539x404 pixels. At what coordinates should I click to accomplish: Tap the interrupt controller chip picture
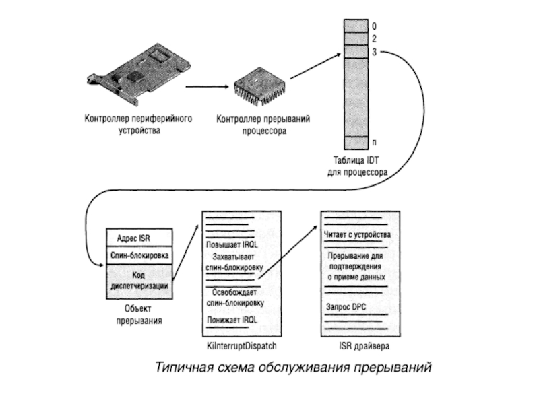(259, 87)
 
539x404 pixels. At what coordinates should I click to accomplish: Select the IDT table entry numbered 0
(356, 26)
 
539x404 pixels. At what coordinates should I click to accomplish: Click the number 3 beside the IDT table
(374, 52)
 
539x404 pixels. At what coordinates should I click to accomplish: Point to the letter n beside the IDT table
(375, 142)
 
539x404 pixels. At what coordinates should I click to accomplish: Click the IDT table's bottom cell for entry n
(356, 143)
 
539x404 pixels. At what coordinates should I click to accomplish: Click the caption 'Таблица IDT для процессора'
(357, 166)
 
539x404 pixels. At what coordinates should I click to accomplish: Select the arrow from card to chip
(207, 87)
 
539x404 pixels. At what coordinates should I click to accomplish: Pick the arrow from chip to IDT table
(315, 66)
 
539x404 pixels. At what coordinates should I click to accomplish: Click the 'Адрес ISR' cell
(139, 238)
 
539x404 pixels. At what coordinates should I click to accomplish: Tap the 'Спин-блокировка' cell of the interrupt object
(139, 255)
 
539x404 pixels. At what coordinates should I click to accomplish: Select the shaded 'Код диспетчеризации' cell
(139, 281)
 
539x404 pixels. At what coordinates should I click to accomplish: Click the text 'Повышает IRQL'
(232, 245)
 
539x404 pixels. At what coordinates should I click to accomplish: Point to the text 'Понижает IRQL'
(232, 320)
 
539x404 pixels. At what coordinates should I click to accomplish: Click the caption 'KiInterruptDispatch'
(242, 345)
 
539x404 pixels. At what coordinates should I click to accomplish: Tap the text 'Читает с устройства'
(358, 234)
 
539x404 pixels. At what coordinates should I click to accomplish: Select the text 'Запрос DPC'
(346, 307)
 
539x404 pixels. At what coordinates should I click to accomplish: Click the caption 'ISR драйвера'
(364, 345)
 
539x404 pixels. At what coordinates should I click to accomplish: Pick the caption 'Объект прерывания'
(139, 314)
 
